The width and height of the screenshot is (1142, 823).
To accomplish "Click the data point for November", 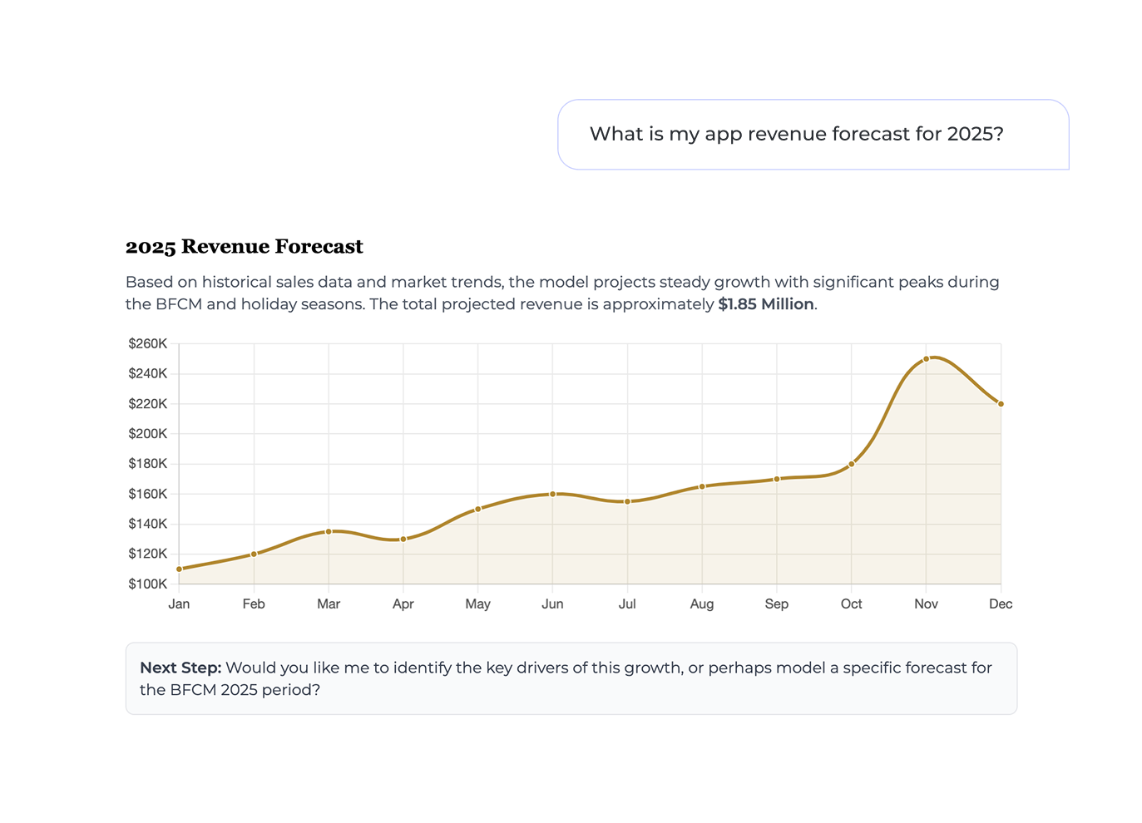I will pyautogui.click(x=926, y=359).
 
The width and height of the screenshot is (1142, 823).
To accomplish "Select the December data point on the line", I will pyautogui.click(x=1001, y=404).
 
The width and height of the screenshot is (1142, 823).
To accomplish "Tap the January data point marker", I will pyautogui.click(x=179, y=569).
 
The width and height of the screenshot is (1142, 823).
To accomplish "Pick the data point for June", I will pyautogui.click(x=552, y=494).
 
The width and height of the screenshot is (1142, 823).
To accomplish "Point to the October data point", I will pyautogui.click(x=851, y=464).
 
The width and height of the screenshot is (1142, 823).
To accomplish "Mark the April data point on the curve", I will pyautogui.click(x=403, y=539).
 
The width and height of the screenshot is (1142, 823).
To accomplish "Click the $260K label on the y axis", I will pyautogui.click(x=148, y=343).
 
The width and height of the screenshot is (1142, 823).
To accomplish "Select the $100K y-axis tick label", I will pyautogui.click(x=148, y=584).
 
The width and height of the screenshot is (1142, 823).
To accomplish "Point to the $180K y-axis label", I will pyautogui.click(x=148, y=464).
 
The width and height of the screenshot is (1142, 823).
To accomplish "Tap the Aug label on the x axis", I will pyautogui.click(x=702, y=604).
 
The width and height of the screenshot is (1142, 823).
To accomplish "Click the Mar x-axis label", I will pyautogui.click(x=329, y=604).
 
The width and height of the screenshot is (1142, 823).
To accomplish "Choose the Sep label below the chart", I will pyautogui.click(x=776, y=604).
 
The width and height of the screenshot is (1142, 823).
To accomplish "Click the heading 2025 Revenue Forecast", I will pyautogui.click(x=244, y=246).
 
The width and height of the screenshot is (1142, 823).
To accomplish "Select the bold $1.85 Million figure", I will pyautogui.click(x=765, y=304).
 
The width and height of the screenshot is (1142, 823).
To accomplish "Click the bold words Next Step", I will pyautogui.click(x=180, y=668).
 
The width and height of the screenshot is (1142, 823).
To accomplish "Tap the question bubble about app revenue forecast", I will pyautogui.click(x=796, y=134).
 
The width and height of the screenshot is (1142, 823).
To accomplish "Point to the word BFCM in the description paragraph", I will pyautogui.click(x=179, y=304).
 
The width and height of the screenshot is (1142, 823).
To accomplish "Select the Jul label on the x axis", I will pyautogui.click(x=627, y=604).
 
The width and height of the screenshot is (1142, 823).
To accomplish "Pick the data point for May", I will pyautogui.click(x=477, y=509).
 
